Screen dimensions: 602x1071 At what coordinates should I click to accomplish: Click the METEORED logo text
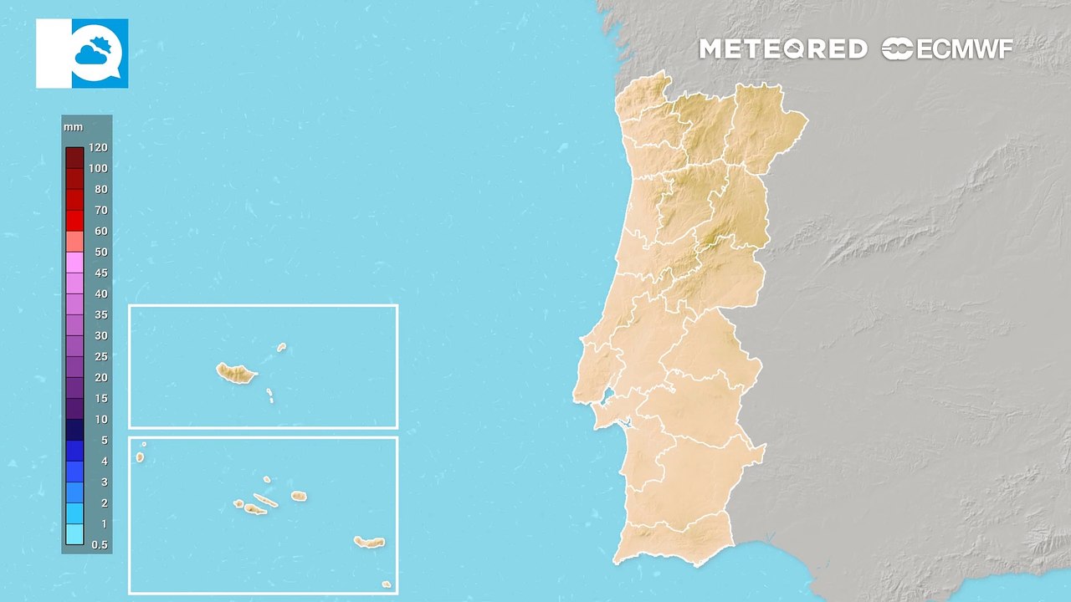[782, 49]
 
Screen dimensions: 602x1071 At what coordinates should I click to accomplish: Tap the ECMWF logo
[947, 49]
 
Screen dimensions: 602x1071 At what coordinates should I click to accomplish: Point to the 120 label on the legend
[98, 147]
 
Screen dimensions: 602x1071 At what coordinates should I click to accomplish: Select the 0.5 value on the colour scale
[99, 545]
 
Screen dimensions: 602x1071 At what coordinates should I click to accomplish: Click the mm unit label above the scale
[72, 127]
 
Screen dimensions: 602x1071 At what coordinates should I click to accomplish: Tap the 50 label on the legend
[100, 252]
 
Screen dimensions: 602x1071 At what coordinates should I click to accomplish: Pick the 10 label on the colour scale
[100, 419]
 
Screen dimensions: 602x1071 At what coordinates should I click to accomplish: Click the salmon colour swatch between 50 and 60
[74, 241]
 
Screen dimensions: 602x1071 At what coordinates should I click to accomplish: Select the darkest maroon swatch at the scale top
[74, 157]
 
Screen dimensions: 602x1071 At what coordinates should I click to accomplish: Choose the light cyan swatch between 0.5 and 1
[74, 534]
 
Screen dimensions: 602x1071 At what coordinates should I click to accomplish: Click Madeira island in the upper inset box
[235, 373]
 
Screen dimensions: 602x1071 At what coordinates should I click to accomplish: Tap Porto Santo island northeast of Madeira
[282, 347]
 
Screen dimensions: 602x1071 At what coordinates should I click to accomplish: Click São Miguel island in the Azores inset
[369, 543]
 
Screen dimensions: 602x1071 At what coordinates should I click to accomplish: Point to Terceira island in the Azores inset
[299, 497]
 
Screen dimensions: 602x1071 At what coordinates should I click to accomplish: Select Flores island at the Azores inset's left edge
[140, 457]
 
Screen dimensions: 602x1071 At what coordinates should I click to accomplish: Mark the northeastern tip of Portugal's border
[807, 120]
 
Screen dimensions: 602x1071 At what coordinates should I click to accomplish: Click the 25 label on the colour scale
[100, 356]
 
